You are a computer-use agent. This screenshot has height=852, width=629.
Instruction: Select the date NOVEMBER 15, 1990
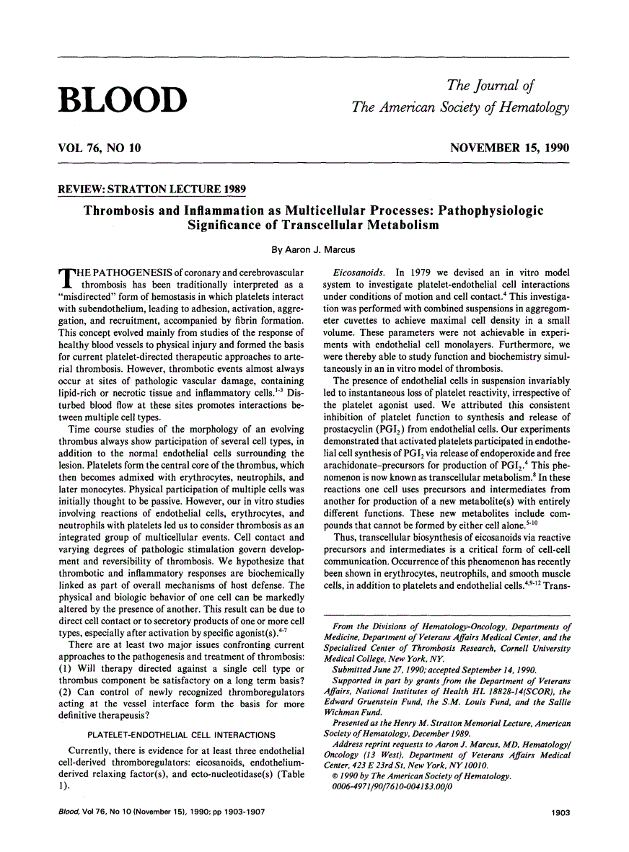509,148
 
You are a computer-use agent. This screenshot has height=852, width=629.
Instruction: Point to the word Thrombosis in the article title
122,211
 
